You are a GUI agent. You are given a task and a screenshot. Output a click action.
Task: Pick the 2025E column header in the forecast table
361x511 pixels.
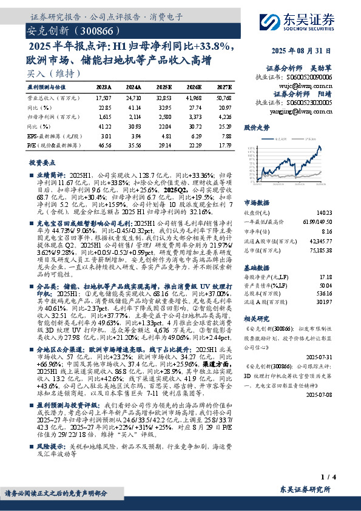(x=164, y=88)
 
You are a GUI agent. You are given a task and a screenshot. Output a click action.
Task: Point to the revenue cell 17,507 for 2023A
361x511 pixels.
(x=104, y=98)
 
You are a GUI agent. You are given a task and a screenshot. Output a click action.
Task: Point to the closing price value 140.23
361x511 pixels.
(x=325, y=212)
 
